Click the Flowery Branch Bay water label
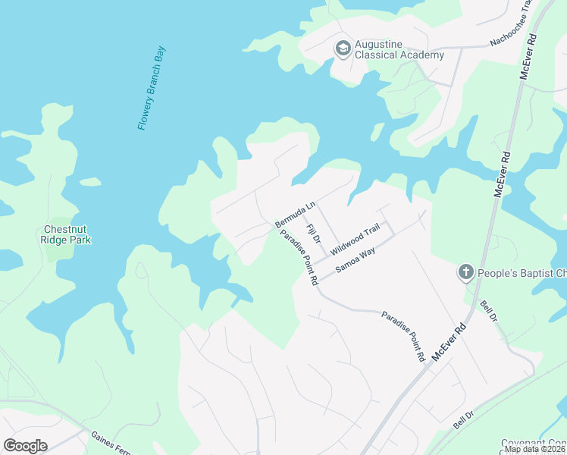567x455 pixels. coord(152,89)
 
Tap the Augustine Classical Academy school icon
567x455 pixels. coord(343,49)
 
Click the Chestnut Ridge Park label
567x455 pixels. coord(67,234)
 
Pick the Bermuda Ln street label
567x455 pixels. coord(295,214)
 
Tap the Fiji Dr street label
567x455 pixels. coord(313,233)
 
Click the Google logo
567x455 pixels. coord(26,445)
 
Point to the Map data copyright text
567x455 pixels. coord(535,449)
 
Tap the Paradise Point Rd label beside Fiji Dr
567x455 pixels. coord(299,258)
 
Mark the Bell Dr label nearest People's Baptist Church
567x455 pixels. coord(489,312)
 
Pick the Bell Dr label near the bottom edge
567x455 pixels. coord(463,421)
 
